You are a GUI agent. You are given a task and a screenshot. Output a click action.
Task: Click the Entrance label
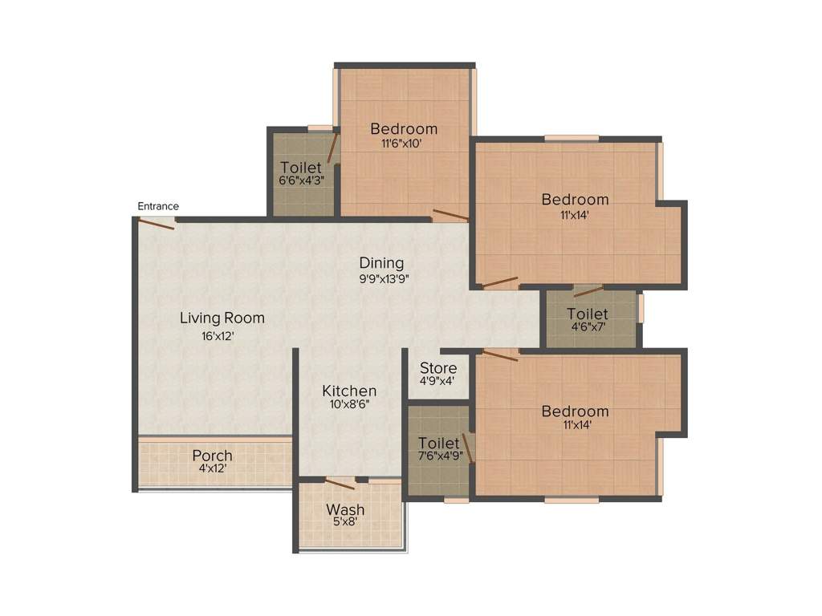pyautogui.click(x=158, y=206)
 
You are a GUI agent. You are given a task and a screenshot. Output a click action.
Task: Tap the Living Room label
pyautogui.click(x=222, y=318)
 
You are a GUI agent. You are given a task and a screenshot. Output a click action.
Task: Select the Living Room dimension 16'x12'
pyautogui.click(x=218, y=336)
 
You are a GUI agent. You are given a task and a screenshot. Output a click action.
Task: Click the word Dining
pyautogui.click(x=381, y=263)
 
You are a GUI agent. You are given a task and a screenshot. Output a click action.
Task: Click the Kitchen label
pyautogui.click(x=349, y=391)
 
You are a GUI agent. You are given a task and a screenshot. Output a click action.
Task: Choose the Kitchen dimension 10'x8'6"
pyautogui.click(x=349, y=406)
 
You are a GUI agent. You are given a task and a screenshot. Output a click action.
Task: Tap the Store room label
pyautogui.click(x=438, y=368)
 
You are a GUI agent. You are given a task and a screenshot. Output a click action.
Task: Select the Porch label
pyautogui.click(x=213, y=456)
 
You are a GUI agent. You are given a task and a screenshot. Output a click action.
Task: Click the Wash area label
pyautogui.click(x=345, y=509)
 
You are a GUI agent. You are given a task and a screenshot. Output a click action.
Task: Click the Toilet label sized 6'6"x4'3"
pyautogui.click(x=302, y=167)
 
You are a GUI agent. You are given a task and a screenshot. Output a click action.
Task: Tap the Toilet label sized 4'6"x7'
pyautogui.click(x=588, y=314)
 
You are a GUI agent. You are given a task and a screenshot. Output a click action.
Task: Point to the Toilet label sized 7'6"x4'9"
pyautogui.click(x=439, y=443)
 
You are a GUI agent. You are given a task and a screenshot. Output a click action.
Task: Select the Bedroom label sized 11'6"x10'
pyautogui.click(x=404, y=128)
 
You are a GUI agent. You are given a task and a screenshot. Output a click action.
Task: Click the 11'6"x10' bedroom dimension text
pyautogui.click(x=401, y=144)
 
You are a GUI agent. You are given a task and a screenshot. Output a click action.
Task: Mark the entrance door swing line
pyautogui.click(x=157, y=224)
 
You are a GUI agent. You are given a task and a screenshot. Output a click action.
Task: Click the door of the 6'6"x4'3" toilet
pyautogui.click(x=332, y=148)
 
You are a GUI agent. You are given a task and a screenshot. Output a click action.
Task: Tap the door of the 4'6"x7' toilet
pyautogui.click(x=588, y=291)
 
